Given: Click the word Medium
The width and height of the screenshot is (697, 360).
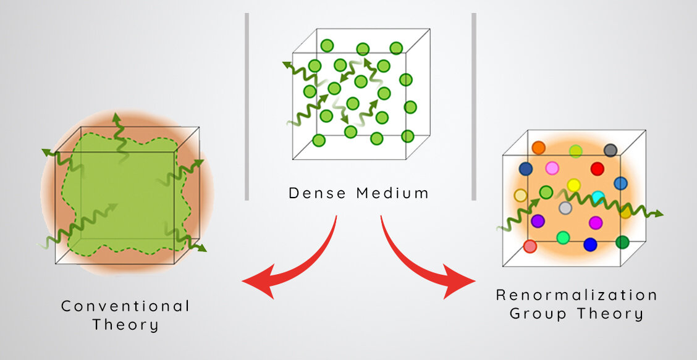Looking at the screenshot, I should (x=393, y=193).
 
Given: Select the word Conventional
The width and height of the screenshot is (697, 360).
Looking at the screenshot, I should (x=125, y=306).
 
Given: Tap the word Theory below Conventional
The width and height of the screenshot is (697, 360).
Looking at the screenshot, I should (x=125, y=325).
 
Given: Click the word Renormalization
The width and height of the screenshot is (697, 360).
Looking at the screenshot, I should (x=577, y=295).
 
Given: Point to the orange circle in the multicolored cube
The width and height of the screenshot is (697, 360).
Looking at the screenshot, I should (x=539, y=148).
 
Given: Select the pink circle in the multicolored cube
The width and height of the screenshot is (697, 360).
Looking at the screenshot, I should (x=552, y=168).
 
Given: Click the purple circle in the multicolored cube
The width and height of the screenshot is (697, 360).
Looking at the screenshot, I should (x=538, y=220).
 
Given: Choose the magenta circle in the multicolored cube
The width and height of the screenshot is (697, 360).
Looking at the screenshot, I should (x=596, y=222).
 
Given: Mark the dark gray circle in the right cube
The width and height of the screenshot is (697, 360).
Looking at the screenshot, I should (x=610, y=150).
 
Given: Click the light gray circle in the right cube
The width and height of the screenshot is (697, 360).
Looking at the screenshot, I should (x=565, y=208).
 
